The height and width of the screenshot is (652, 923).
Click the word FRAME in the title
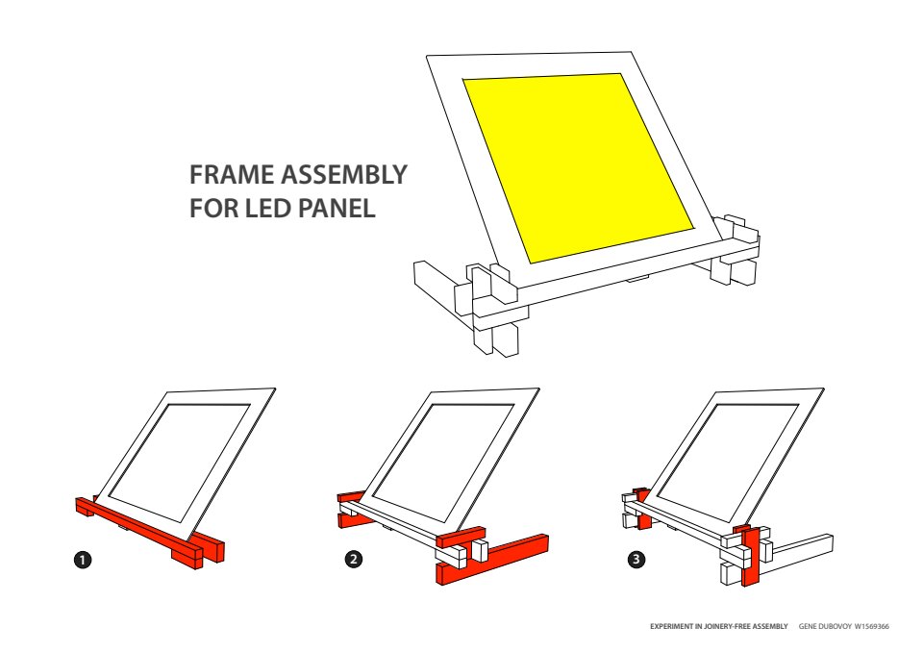[x=232, y=175]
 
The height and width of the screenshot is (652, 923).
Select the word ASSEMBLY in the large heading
[x=344, y=175]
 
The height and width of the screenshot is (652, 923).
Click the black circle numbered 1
[x=83, y=559]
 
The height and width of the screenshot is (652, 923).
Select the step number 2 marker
[x=354, y=559]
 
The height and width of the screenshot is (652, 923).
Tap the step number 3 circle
[x=636, y=559]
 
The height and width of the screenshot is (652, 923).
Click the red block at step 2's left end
[x=353, y=510]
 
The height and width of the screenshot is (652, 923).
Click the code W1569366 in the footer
[x=872, y=626]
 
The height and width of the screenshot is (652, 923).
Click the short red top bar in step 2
[x=461, y=537]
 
